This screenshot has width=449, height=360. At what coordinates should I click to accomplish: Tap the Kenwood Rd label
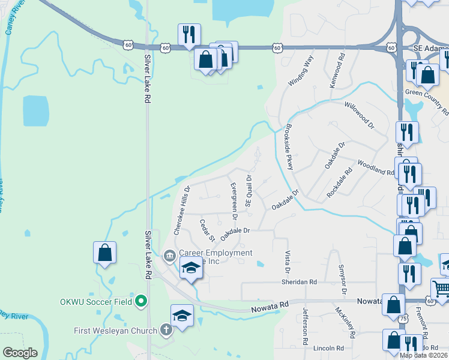click(341, 71)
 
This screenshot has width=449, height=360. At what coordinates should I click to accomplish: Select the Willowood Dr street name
click(359, 115)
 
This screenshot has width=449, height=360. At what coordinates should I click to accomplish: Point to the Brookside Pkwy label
click(289, 147)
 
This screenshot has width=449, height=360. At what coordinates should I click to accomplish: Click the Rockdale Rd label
click(340, 183)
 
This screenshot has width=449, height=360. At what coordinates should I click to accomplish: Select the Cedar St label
click(206, 230)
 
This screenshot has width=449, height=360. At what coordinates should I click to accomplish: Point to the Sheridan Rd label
click(299, 281)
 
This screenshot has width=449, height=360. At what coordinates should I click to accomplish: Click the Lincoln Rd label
click(328, 348)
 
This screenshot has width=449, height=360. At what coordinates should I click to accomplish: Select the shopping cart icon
click(441, 289)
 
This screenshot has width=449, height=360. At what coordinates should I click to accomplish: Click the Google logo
click(20, 353)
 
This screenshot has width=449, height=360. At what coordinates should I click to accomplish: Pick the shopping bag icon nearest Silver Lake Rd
click(105, 252)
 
